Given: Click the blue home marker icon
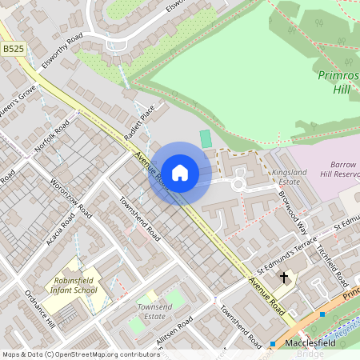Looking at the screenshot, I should click(180, 172).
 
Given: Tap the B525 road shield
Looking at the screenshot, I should click(12, 49).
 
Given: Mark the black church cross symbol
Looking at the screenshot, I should click(283, 278).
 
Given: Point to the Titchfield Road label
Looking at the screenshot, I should click(331, 265).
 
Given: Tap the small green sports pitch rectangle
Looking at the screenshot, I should click(206, 138).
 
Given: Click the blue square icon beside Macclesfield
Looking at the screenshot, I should click(273, 343).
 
